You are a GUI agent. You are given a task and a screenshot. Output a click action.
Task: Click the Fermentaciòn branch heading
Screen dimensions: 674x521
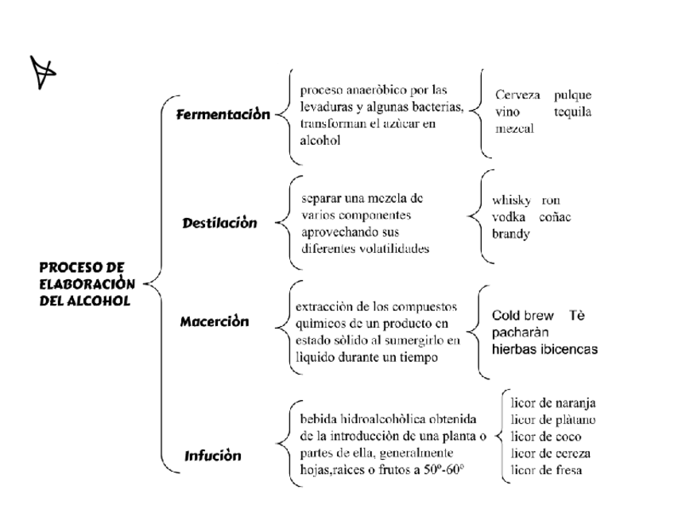click(223, 115)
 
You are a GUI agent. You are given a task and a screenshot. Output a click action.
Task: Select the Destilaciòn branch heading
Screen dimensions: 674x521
click(219, 223)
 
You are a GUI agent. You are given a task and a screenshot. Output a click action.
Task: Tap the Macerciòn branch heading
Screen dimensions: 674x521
click(214, 321)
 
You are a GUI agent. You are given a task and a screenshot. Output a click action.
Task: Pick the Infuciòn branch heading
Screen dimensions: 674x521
click(212, 456)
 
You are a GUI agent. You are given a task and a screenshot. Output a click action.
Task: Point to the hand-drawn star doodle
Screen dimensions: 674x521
click(45, 72)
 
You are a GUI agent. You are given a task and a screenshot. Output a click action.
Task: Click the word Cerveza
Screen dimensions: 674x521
click(517, 95)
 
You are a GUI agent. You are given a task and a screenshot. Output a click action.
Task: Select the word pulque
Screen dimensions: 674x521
click(572, 95)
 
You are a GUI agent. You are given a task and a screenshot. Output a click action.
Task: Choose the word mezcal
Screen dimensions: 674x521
click(514, 128)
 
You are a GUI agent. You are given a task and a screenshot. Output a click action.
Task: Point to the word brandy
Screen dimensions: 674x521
click(510, 234)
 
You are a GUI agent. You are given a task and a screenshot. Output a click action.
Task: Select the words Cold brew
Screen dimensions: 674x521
click(523, 315)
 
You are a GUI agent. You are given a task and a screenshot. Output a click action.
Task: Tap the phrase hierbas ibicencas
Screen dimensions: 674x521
click(544, 349)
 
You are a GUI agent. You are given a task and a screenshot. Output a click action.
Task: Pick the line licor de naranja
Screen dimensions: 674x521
click(553, 402)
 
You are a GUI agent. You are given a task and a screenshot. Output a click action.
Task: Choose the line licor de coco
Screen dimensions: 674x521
click(546, 437)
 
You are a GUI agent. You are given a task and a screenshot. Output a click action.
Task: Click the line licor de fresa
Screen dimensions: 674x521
click(547, 470)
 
